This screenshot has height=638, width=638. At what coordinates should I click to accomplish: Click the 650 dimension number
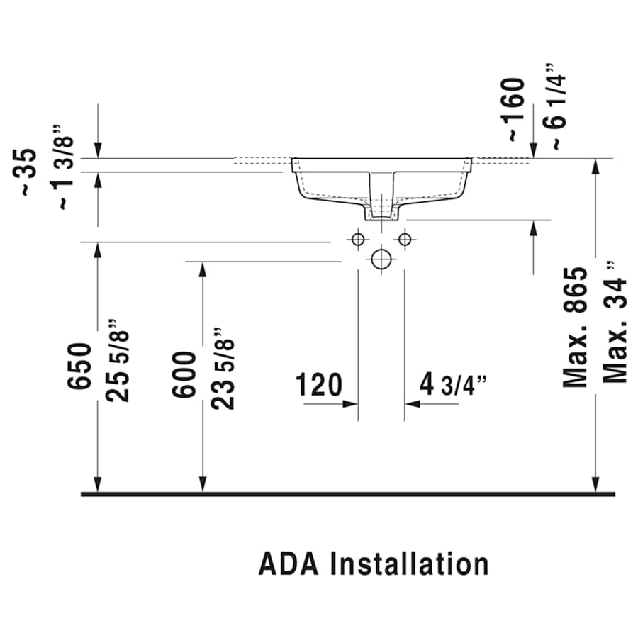point(80,366)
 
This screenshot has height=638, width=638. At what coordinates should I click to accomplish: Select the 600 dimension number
point(184,374)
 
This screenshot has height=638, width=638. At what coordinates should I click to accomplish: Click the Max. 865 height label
point(576,327)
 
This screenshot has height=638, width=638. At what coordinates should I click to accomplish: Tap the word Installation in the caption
point(410,564)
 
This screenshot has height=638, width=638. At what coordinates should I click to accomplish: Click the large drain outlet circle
point(381,259)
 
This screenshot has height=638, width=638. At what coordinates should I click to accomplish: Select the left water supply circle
point(358,239)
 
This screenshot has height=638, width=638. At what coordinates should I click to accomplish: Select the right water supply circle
point(405,239)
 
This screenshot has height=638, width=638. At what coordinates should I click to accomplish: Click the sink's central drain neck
point(381,202)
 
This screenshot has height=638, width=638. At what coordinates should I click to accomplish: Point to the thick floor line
point(347,493)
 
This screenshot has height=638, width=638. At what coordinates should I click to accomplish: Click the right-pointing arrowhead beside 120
point(350,404)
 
